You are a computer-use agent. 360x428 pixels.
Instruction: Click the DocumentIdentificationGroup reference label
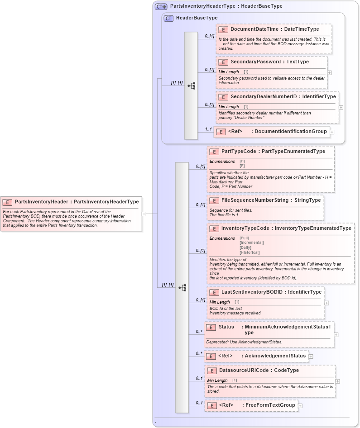[291, 132]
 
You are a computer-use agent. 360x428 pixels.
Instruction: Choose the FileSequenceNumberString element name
[256, 200]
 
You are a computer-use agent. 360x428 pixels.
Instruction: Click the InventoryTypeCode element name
[245, 228]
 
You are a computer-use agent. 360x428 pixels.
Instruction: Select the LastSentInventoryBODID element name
[252, 292]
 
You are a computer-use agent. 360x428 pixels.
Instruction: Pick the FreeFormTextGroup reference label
[270, 405]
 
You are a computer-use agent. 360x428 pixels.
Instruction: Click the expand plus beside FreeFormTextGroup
[300, 406]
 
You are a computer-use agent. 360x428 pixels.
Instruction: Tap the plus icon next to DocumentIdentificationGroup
[332, 132]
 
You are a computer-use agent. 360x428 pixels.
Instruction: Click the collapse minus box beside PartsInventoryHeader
[144, 214]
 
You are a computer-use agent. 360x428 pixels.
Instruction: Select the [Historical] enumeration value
[250, 252]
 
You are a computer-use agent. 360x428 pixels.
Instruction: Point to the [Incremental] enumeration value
[251, 243]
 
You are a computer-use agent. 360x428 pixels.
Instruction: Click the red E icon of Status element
[211, 327]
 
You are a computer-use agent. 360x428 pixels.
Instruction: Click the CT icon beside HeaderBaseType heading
[168, 18]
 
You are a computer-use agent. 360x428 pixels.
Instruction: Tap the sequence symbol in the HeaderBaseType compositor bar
[191, 85]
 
